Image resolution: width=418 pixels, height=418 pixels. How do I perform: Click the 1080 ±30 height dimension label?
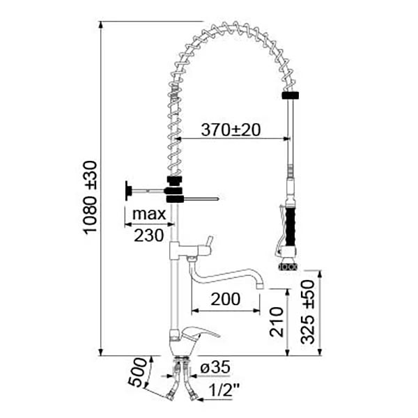90,198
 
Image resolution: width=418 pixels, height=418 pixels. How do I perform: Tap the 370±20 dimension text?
231,130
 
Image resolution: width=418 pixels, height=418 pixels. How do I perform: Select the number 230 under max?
149,235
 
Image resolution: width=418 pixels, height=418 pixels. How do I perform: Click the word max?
149,214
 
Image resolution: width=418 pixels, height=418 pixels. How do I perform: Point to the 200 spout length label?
226,299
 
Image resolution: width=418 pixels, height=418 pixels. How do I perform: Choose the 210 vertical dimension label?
277,322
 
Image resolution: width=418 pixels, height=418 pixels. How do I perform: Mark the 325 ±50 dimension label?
308,312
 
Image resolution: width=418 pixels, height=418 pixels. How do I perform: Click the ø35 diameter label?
215,367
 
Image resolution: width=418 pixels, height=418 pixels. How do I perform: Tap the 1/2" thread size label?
224,389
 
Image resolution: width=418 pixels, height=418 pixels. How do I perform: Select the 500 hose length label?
137,372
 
